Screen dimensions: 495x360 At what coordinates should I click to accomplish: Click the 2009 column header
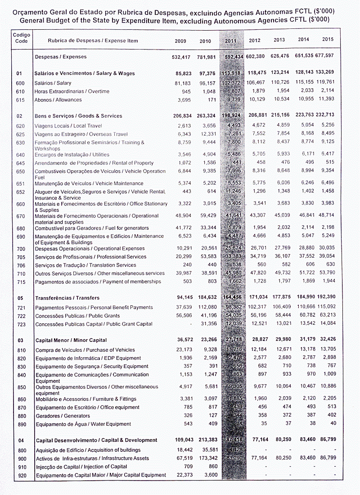(x=180, y=41)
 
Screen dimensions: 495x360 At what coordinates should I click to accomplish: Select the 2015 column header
(x=328, y=40)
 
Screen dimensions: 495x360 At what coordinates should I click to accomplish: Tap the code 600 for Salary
(x=20, y=83)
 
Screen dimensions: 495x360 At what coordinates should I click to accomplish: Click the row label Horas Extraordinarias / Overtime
(x=72, y=91)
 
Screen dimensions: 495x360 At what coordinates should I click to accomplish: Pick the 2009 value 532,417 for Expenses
(x=181, y=57)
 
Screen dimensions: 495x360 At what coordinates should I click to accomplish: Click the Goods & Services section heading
(x=78, y=116)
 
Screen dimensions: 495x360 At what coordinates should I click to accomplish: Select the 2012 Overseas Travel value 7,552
(x=258, y=134)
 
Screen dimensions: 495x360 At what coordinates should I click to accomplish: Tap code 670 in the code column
(x=20, y=216)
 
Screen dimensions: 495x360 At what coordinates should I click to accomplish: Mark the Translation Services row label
(x=85, y=265)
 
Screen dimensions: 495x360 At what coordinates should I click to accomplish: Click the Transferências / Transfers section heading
(x=67, y=298)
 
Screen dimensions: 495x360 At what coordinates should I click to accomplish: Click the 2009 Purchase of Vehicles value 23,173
(x=184, y=350)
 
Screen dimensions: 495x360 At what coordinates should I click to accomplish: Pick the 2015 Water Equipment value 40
(x=333, y=423)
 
